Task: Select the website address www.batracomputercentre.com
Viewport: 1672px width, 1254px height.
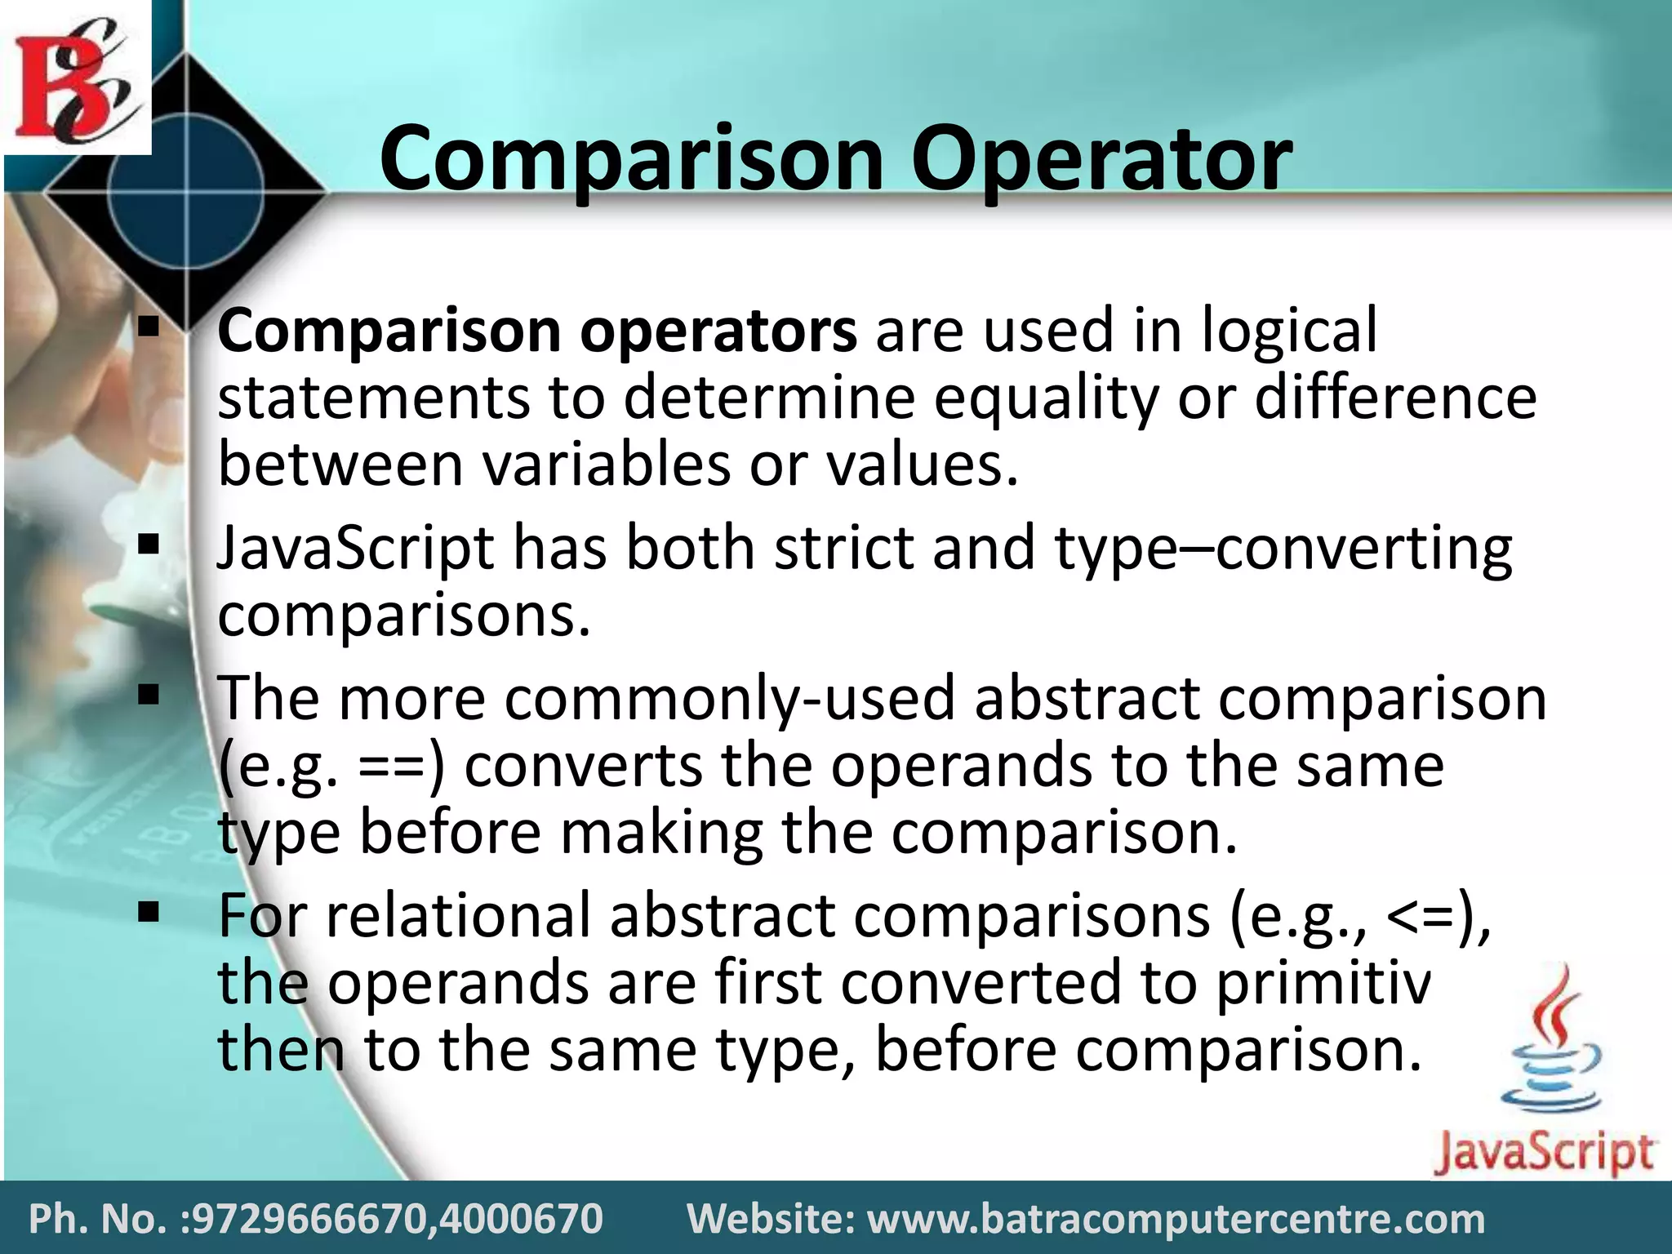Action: coord(1176,1219)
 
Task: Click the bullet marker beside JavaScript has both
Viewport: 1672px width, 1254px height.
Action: coord(148,544)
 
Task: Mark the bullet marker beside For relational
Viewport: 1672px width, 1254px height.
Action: coord(148,911)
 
